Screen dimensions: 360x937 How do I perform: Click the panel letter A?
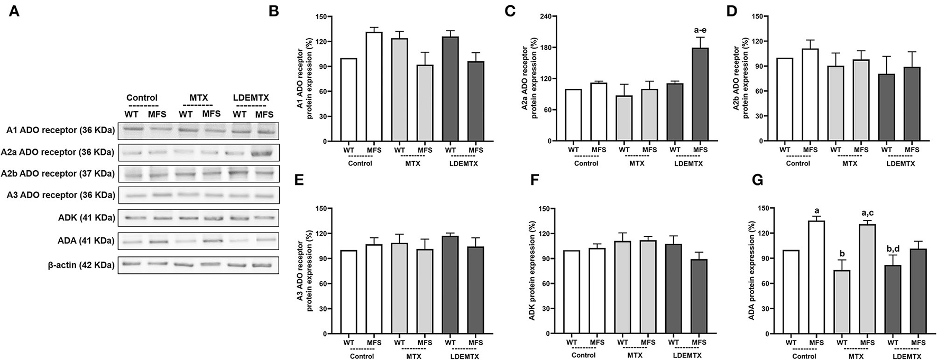(x=14, y=11)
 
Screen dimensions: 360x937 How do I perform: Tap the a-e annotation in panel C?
(x=700, y=30)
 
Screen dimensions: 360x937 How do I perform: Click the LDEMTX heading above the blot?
(x=251, y=98)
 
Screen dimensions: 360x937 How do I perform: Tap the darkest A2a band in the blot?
(x=264, y=153)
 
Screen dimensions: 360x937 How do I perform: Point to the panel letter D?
(x=732, y=11)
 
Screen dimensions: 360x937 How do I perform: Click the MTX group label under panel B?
(x=412, y=163)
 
